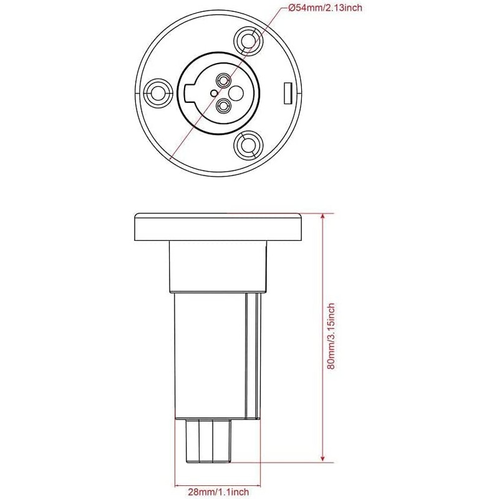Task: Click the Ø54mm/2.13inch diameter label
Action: pyautogui.click(x=325, y=7)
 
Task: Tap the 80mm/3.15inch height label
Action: pyautogui.click(x=331, y=336)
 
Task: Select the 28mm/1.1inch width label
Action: pyautogui.click(x=218, y=492)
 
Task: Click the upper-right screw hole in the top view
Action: pyautogui.click(x=248, y=41)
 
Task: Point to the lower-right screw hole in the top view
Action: pyautogui.click(x=248, y=145)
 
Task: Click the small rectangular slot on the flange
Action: pyautogui.click(x=288, y=93)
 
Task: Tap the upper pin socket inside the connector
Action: pyautogui.click(x=222, y=80)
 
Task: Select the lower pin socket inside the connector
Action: pyautogui.click(x=222, y=106)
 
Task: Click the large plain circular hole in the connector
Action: pyautogui.click(x=236, y=93)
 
